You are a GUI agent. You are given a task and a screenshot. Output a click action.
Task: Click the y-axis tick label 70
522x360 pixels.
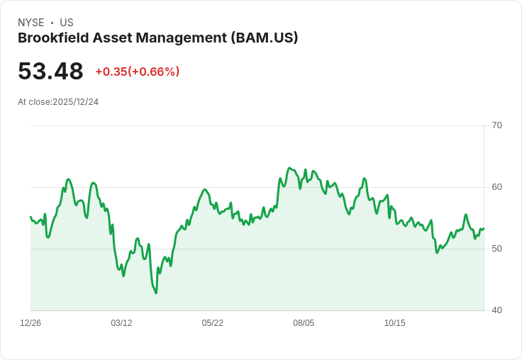[x=496, y=125]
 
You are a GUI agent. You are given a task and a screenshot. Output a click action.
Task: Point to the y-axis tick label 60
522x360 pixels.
[x=496, y=187]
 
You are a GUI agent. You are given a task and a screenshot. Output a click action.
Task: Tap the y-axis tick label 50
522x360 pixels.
[x=496, y=249]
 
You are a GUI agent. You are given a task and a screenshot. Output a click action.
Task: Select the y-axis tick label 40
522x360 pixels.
[x=496, y=310]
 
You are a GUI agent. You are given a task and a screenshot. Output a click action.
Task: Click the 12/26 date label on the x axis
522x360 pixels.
[x=30, y=323]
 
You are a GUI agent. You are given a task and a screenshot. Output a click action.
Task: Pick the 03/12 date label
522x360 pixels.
[x=121, y=323]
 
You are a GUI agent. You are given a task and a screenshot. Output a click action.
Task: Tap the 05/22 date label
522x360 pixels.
[x=213, y=323]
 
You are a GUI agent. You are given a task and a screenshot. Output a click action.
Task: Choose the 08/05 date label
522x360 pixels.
[x=304, y=323]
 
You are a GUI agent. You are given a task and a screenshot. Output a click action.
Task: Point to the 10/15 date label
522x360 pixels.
[x=395, y=323]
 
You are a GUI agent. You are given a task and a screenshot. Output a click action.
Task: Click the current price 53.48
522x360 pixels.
[x=50, y=72]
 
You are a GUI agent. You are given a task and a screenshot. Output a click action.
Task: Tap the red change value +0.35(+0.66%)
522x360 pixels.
[x=138, y=72]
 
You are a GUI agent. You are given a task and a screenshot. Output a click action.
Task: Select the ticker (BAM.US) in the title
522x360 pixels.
[x=265, y=38]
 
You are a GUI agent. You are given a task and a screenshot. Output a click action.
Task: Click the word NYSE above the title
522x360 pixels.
[x=31, y=23]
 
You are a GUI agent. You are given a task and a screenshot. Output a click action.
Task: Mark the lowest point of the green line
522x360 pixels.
[x=156, y=293]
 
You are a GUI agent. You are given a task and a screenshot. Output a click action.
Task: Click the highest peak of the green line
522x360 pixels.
[x=289, y=168]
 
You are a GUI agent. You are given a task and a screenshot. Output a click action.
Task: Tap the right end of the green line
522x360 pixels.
[x=484, y=228]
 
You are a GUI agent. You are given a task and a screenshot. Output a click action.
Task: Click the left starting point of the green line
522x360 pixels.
[x=30, y=217]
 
